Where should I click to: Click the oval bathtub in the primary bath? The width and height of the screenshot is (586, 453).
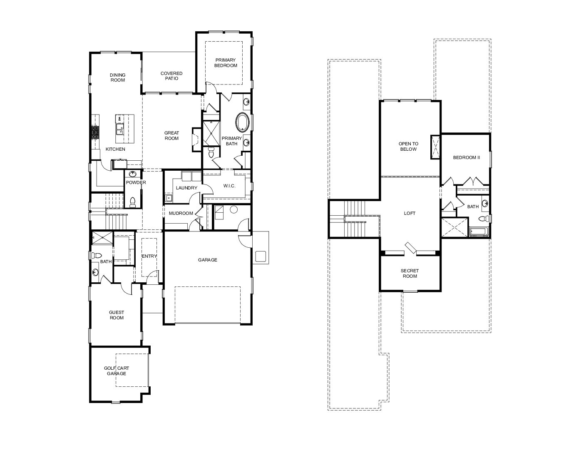pyautogui.click(x=243, y=122)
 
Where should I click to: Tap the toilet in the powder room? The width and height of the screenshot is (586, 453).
pyautogui.click(x=132, y=202)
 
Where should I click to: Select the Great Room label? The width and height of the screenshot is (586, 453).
pyautogui.click(x=171, y=135)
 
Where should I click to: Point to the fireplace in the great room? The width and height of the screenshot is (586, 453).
pyautogui.click(x=196, y=139)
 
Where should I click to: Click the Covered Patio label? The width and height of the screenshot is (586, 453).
pyautogui.click(x=171, y=76)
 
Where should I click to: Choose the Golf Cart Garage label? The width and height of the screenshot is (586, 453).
pyautogui.click(x=117, y=371)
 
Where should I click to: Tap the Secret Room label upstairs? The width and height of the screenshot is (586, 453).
pyautogui.click(x=410, y=273)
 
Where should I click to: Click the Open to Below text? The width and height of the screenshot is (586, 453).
pyautogui.click(x=409, y=146)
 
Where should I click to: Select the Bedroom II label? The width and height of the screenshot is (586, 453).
pyautogui.click(x=466, y=157)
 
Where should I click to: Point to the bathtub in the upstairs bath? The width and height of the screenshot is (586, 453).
pyautogui.click(x=479, y=231)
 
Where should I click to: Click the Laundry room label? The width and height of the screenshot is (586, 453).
pyautogui.click(x=186, y=188)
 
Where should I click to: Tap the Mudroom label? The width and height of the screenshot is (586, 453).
pyautogui.click(x=181, y=213)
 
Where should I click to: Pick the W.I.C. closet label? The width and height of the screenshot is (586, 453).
pyautogui.click(x=229, y=186)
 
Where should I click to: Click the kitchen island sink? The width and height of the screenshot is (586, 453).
pyautogui.click(x=119, y=129)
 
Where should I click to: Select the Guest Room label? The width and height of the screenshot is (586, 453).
pyautogui.click(x=117, y=315)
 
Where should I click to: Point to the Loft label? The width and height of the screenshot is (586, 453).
pyautogui.click(x=410, y=214)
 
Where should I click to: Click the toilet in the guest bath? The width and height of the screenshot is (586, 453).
pyautogui.click(x=96, y=255)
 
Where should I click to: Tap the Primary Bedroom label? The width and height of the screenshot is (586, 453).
pyautogui.click(x=226, y=62)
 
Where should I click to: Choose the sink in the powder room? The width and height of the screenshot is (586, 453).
pyautogui.click(x=132, y=174)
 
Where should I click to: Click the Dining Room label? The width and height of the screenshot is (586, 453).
pyautogui.click(x=118, y=77)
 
